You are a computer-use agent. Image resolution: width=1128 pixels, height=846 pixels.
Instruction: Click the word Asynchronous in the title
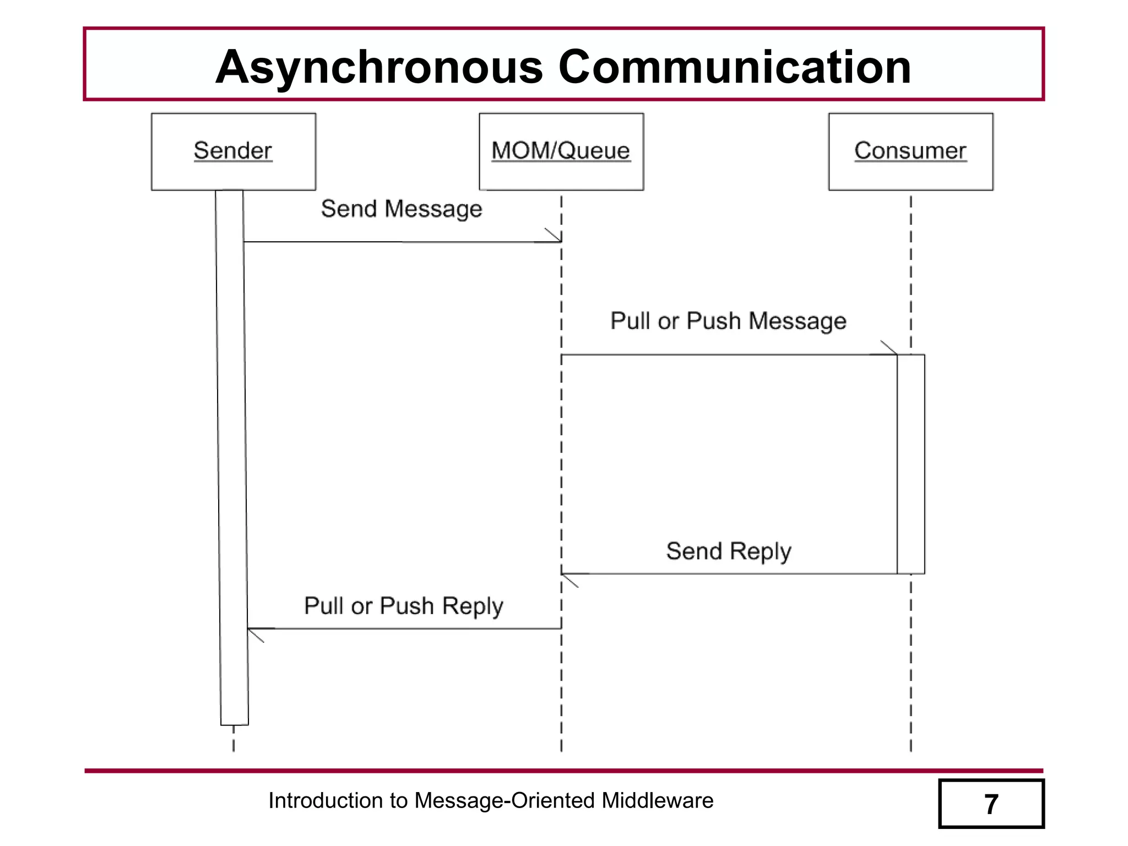click(379, 67)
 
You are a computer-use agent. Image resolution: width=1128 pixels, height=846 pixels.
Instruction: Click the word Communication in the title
click(735, 67)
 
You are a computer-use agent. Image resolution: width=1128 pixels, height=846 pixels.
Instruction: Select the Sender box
click(234, 151)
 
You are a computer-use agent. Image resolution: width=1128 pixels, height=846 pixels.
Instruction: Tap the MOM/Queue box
click(561, 151)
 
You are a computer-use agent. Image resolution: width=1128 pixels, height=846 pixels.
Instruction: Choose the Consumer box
click(910, 151)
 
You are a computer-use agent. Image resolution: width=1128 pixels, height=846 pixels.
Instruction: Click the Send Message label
click(402, 209)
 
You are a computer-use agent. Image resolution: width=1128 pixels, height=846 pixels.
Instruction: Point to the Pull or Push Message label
click(728, 321)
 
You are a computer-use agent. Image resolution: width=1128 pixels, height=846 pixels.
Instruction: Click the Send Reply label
click(729, 551)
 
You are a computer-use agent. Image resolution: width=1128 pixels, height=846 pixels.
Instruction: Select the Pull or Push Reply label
click(404, 606)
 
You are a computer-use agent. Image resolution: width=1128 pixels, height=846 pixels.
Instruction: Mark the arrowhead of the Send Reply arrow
click(568, 579)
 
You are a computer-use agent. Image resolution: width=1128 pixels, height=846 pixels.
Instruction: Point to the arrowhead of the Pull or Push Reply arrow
click(254, 634)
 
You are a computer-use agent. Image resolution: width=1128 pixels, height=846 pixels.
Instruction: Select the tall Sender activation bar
click(232, 457)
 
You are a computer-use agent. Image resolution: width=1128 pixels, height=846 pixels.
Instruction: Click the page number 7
click(991, 804)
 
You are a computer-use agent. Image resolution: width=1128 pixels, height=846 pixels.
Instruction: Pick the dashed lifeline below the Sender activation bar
click(234, 739)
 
